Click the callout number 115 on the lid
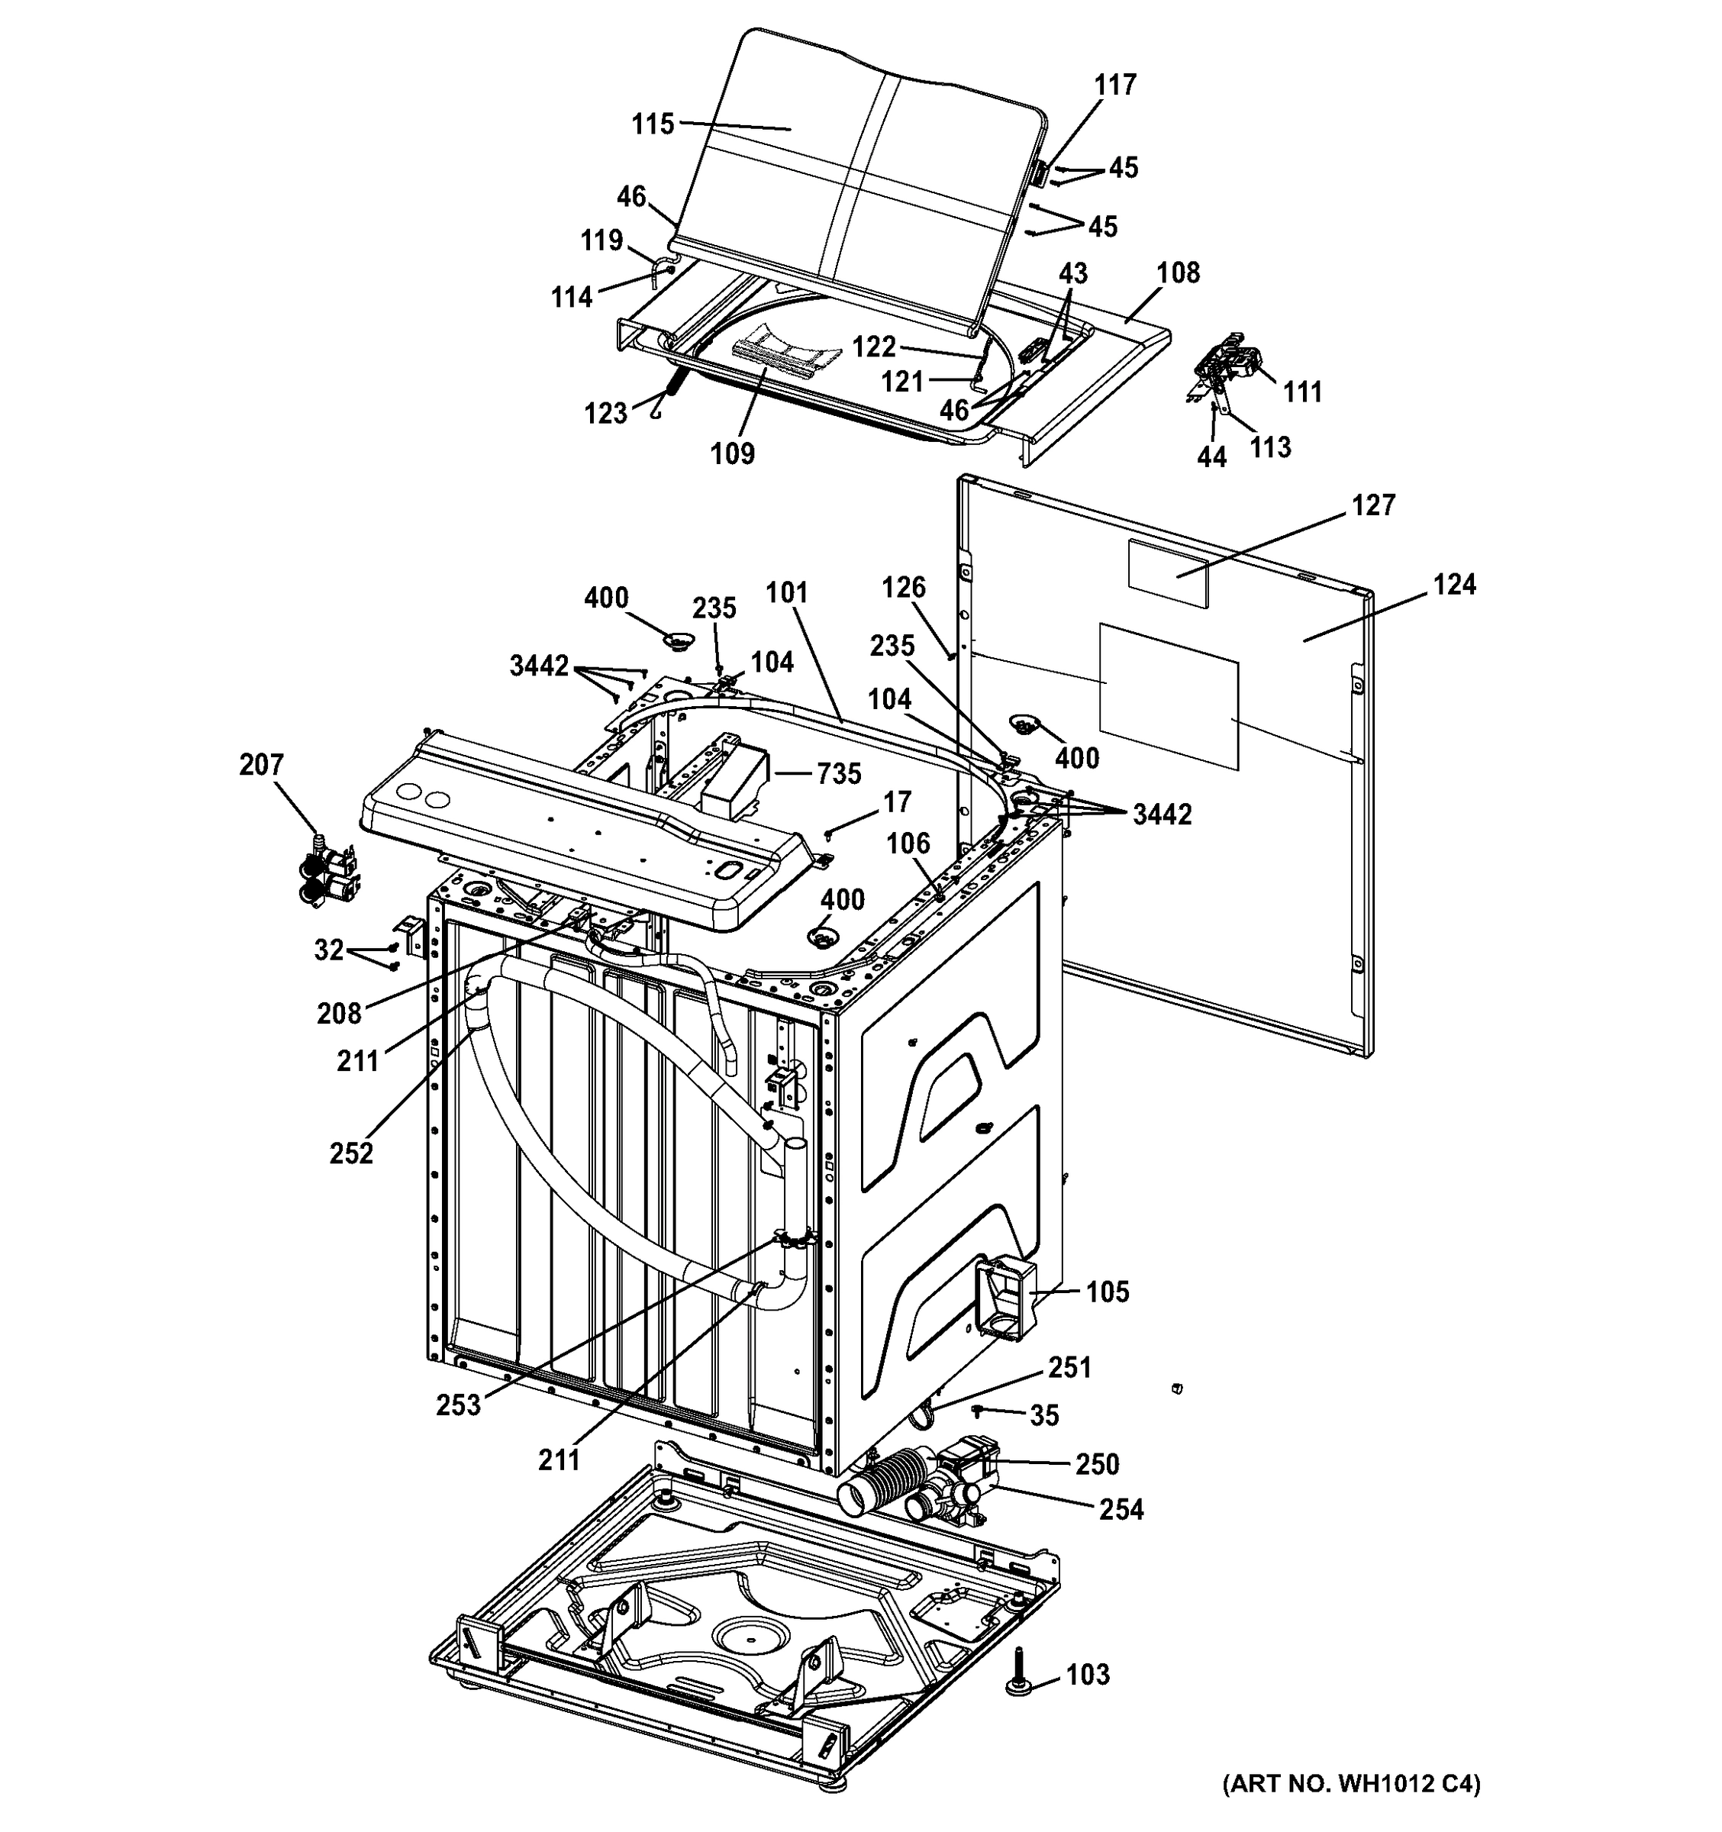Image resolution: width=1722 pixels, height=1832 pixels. click(653, 124)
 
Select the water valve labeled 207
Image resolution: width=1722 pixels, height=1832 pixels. click(328, 873)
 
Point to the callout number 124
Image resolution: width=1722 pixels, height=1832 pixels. click(1454, 584)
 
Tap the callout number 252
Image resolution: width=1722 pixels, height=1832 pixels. click(351, 1153)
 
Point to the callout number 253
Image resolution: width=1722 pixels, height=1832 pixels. click(459, 1405)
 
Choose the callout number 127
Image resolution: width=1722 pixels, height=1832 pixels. click(1373, 505)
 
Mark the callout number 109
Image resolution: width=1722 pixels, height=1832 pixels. click(733, 453)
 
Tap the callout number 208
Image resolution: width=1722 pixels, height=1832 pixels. click(339, 1014)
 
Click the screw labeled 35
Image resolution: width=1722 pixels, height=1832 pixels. click(979, 1411)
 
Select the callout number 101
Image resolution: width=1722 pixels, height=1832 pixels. click(786, 592)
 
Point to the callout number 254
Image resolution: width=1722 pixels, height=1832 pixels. click(1121, 1509)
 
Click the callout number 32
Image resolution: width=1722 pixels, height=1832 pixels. click(329, 950)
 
